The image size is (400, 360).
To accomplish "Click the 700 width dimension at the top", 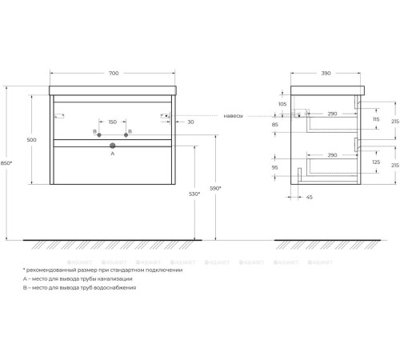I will (113, 74).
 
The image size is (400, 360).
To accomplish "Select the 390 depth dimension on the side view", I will (325, 74).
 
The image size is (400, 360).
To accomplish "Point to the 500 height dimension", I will (31, 140).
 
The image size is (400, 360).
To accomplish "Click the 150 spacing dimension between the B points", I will (112, 122).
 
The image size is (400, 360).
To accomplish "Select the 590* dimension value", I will (215, 188).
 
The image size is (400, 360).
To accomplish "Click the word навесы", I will (234, 115).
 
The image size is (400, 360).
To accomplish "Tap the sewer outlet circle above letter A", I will (113, 146).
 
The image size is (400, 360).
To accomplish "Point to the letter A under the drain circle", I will (113, 154).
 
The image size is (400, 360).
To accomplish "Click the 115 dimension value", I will (376, 119).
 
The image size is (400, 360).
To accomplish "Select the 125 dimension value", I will (376, 162).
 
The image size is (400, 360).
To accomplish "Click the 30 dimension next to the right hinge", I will (190, 122).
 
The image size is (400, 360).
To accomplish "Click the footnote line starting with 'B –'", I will (80, 287).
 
